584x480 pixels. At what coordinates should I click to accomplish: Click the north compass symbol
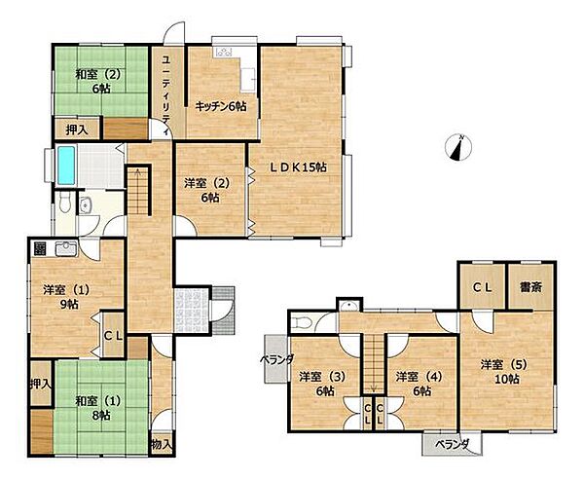point(458,148)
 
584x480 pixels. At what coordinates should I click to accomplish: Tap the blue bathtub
point(66,166)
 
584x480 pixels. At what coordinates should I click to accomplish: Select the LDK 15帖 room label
point(298,167)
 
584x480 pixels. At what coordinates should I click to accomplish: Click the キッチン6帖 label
point(221,106)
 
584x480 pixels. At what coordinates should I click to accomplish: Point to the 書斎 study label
point(530,287)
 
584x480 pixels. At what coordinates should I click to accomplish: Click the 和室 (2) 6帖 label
point(98,82)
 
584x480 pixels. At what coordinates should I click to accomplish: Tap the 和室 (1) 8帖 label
point(98,408)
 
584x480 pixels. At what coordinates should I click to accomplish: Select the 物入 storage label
point(162,444)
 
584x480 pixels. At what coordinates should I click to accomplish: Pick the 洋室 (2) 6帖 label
point(207,191)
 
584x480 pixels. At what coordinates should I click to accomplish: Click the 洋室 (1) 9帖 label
point(66,297)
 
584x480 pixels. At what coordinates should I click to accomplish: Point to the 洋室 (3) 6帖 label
point(322,384)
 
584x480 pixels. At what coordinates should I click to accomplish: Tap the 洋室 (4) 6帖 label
point(420,384)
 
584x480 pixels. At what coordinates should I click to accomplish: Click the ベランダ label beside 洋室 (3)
point(276,359)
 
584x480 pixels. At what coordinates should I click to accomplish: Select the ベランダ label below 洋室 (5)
point(453,444)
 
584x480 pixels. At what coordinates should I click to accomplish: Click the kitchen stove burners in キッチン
point(223,52)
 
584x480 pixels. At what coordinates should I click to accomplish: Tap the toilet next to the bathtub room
point(65,203)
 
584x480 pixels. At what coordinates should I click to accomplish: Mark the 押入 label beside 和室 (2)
point(77,129)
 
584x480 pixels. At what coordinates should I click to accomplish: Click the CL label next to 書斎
point(483,287)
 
